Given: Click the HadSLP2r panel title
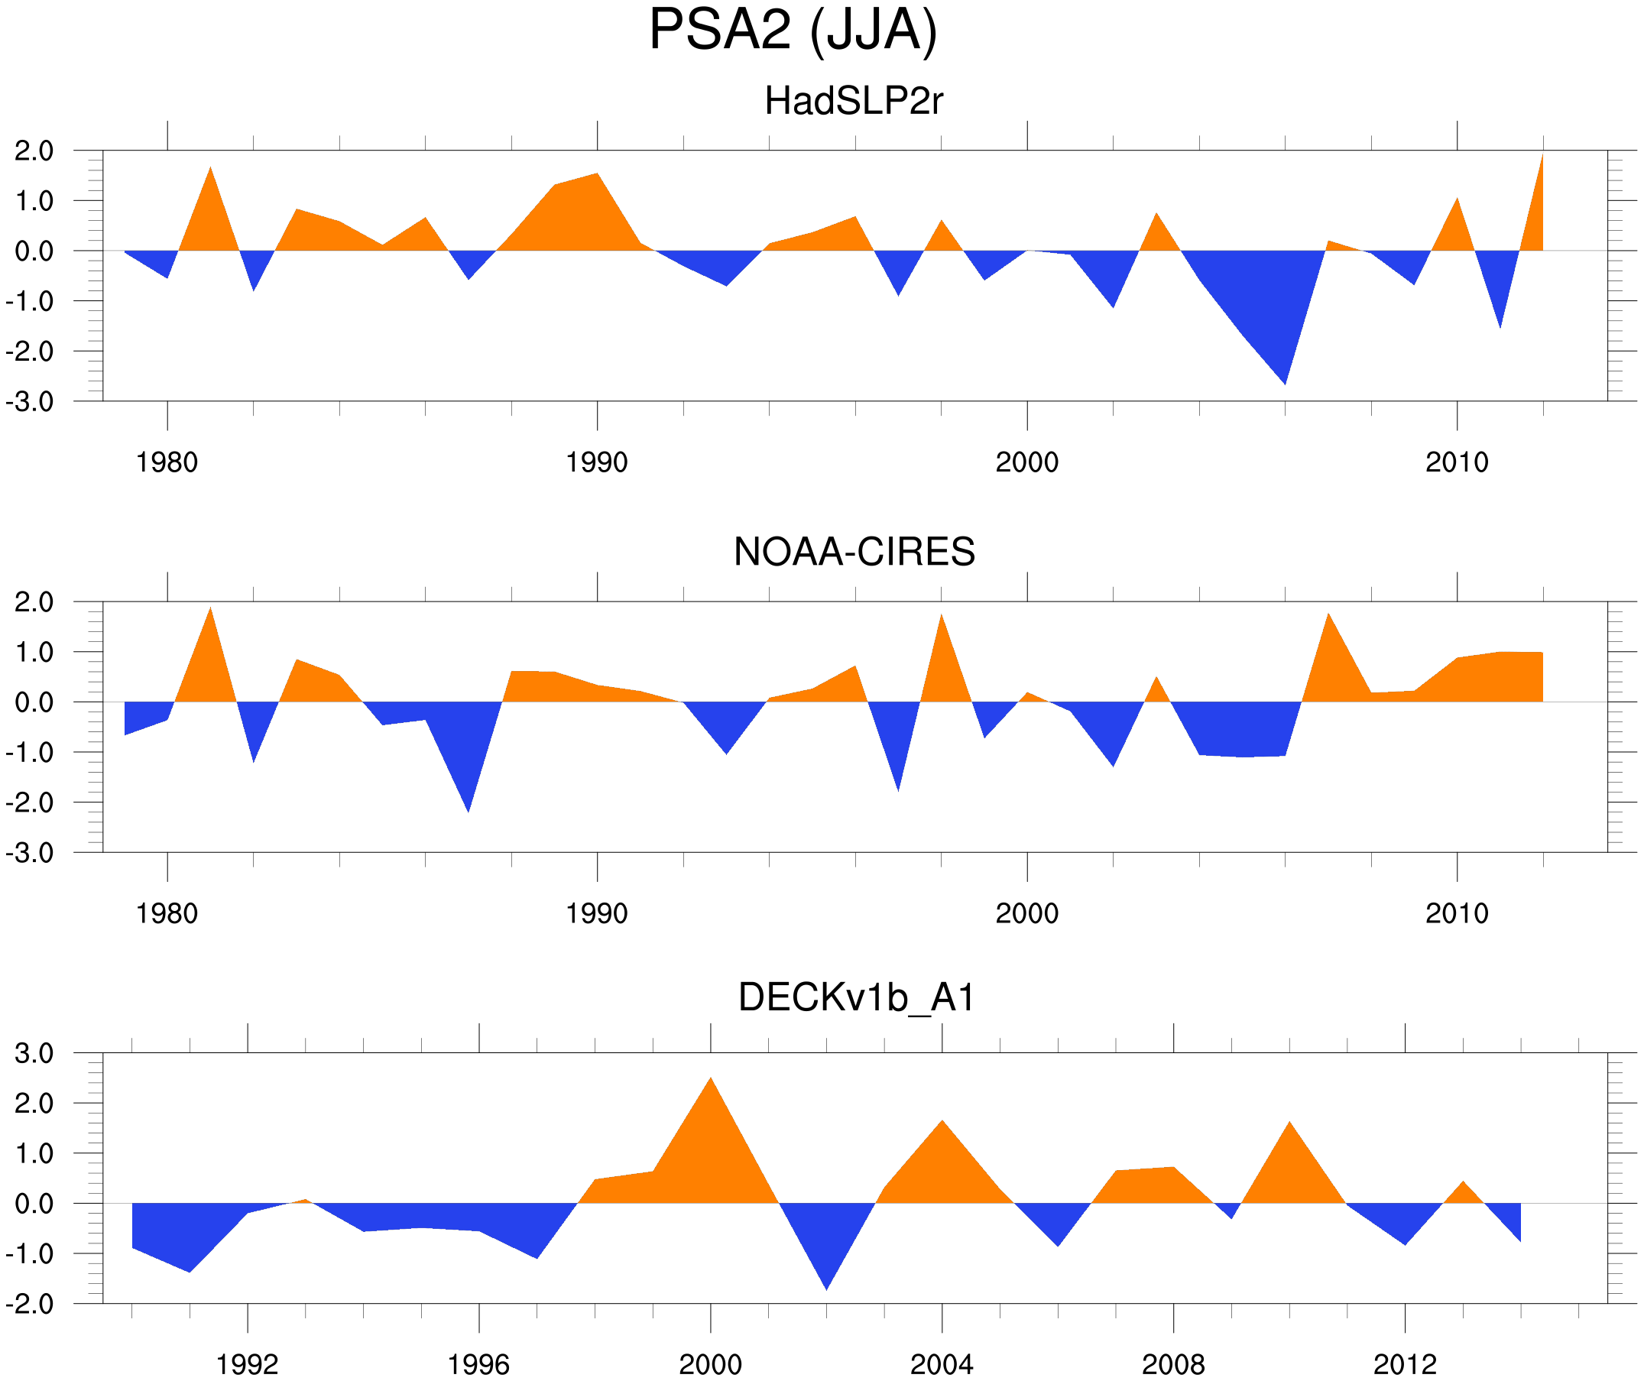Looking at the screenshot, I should click(853, 102).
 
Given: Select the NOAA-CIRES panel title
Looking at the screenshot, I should click(854, 552).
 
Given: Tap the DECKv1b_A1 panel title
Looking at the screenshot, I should click(857, 998).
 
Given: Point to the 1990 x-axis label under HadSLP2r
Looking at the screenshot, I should click(597, 462).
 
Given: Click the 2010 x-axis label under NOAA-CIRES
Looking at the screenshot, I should click(1456, 913).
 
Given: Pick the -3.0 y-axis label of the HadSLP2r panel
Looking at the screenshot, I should click(30, 403).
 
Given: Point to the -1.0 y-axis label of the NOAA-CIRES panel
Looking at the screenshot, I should click(30, 753).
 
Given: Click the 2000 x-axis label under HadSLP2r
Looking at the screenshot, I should click(1026, 462).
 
